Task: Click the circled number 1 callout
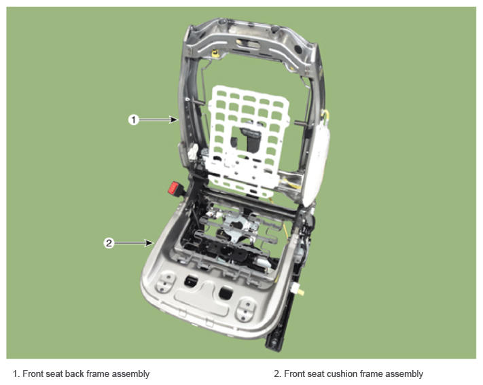click(x=133, y=120)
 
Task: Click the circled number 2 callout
click(x=109, y=243)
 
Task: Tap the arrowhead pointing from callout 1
click(x=175, y=120)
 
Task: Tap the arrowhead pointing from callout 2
click(x=149, y=243)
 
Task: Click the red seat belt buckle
click(x=174, y=187)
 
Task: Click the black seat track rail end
click(x=274, y=342)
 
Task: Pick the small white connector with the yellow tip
click(x=297, y=289)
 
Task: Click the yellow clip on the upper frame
click(x=215, y=54)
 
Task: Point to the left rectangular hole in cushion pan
click(x=192, y=280)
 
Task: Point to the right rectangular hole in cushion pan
click(x=226, y=292)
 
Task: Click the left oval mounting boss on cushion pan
click(x=166, y=282)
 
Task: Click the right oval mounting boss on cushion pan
click(x=246, y=309)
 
